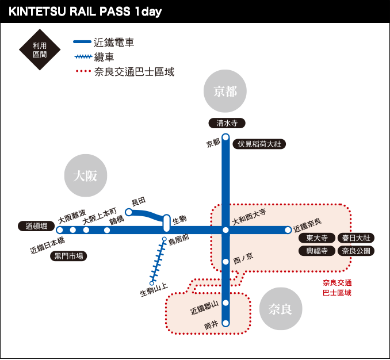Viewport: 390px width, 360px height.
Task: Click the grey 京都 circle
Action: point(225,91)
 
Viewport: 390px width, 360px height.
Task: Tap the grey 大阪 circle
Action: point(86,176)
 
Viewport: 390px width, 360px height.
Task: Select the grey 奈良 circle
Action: point(281,309)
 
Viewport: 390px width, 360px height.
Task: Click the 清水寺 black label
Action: point(227,123)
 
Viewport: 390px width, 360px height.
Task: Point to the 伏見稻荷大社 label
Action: point(259,144)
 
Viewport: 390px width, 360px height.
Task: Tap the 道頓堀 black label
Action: point(36,226)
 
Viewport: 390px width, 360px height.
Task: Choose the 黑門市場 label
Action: point(68,256)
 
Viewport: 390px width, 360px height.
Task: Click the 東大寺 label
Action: point(317,238)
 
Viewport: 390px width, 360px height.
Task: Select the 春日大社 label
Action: point(356,238)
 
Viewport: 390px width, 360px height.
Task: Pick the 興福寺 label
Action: point(317,251)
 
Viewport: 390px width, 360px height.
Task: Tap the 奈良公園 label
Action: point(356,251)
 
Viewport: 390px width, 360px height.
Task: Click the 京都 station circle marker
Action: point(225,137)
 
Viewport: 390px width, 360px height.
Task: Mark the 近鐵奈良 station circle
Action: point(288,230)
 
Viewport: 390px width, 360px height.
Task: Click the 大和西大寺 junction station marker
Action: point(225,230)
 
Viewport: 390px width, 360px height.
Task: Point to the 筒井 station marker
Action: point(225,323)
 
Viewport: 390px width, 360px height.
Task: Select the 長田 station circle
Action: point(129,212)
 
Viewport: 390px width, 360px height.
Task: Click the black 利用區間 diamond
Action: point(40,49)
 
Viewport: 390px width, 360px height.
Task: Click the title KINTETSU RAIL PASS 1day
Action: point(85,12)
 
